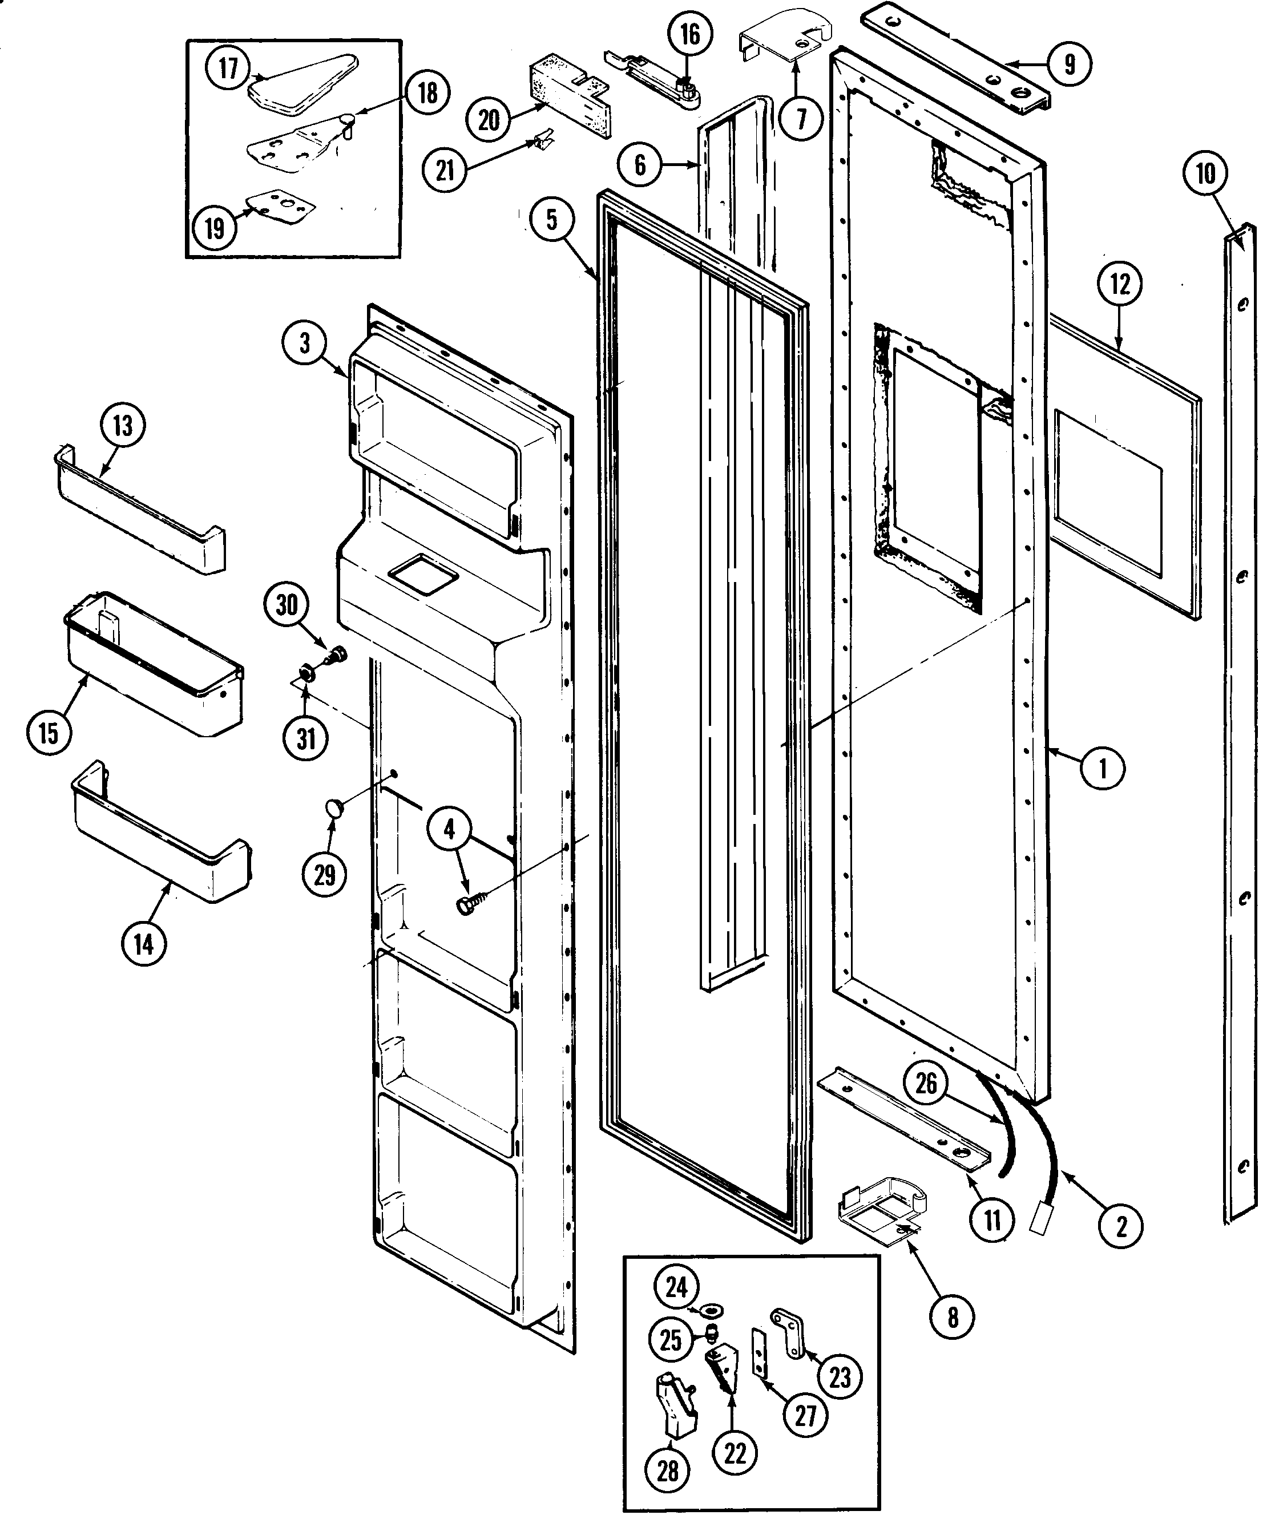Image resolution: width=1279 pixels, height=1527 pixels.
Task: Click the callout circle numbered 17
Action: pos(228,68)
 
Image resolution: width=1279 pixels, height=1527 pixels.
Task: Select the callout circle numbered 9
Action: pos(1069,64)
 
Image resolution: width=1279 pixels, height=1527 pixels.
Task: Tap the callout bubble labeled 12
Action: pos(1120,284)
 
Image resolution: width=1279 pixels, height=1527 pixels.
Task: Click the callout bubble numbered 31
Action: pos(306,739)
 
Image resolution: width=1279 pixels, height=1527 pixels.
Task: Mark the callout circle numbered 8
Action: pos(953,1316)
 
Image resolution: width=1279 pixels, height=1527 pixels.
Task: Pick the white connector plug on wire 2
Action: pos(1038,1222)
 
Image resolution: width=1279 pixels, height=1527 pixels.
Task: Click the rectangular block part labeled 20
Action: pos(567,96)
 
